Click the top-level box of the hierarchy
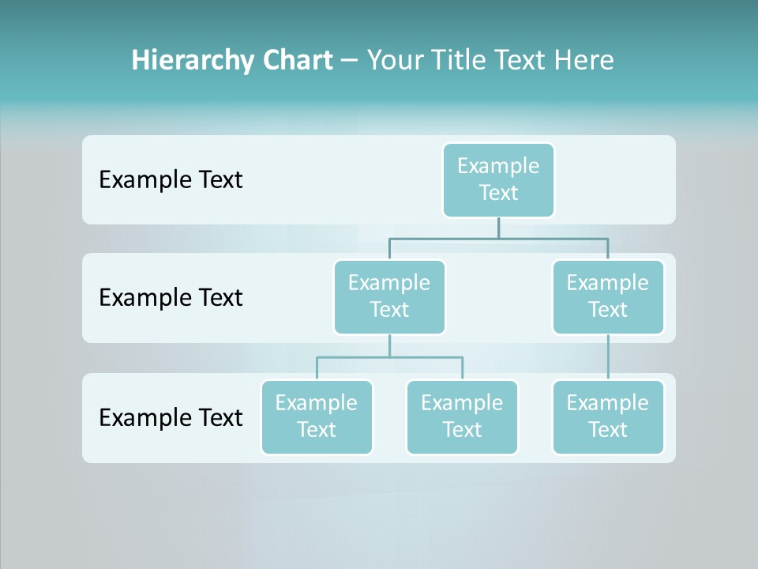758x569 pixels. tap(498, 180)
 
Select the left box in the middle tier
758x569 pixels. tap(389, 297)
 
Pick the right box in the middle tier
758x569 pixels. tap(608, 297)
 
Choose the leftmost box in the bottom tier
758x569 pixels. tap(317, 417)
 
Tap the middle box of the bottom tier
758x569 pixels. tap(462, 417)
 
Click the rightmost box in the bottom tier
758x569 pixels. tap(608, 417)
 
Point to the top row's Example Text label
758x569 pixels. tap(171, 180)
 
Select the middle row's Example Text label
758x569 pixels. tap(171, 298)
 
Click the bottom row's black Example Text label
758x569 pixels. tap(171, 418)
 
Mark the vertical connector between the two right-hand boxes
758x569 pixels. tap(608, 357)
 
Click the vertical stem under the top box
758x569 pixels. tap(498, 228)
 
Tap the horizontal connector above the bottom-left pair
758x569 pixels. tap(389, 357)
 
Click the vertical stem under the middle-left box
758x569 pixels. tap(389, 346)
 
